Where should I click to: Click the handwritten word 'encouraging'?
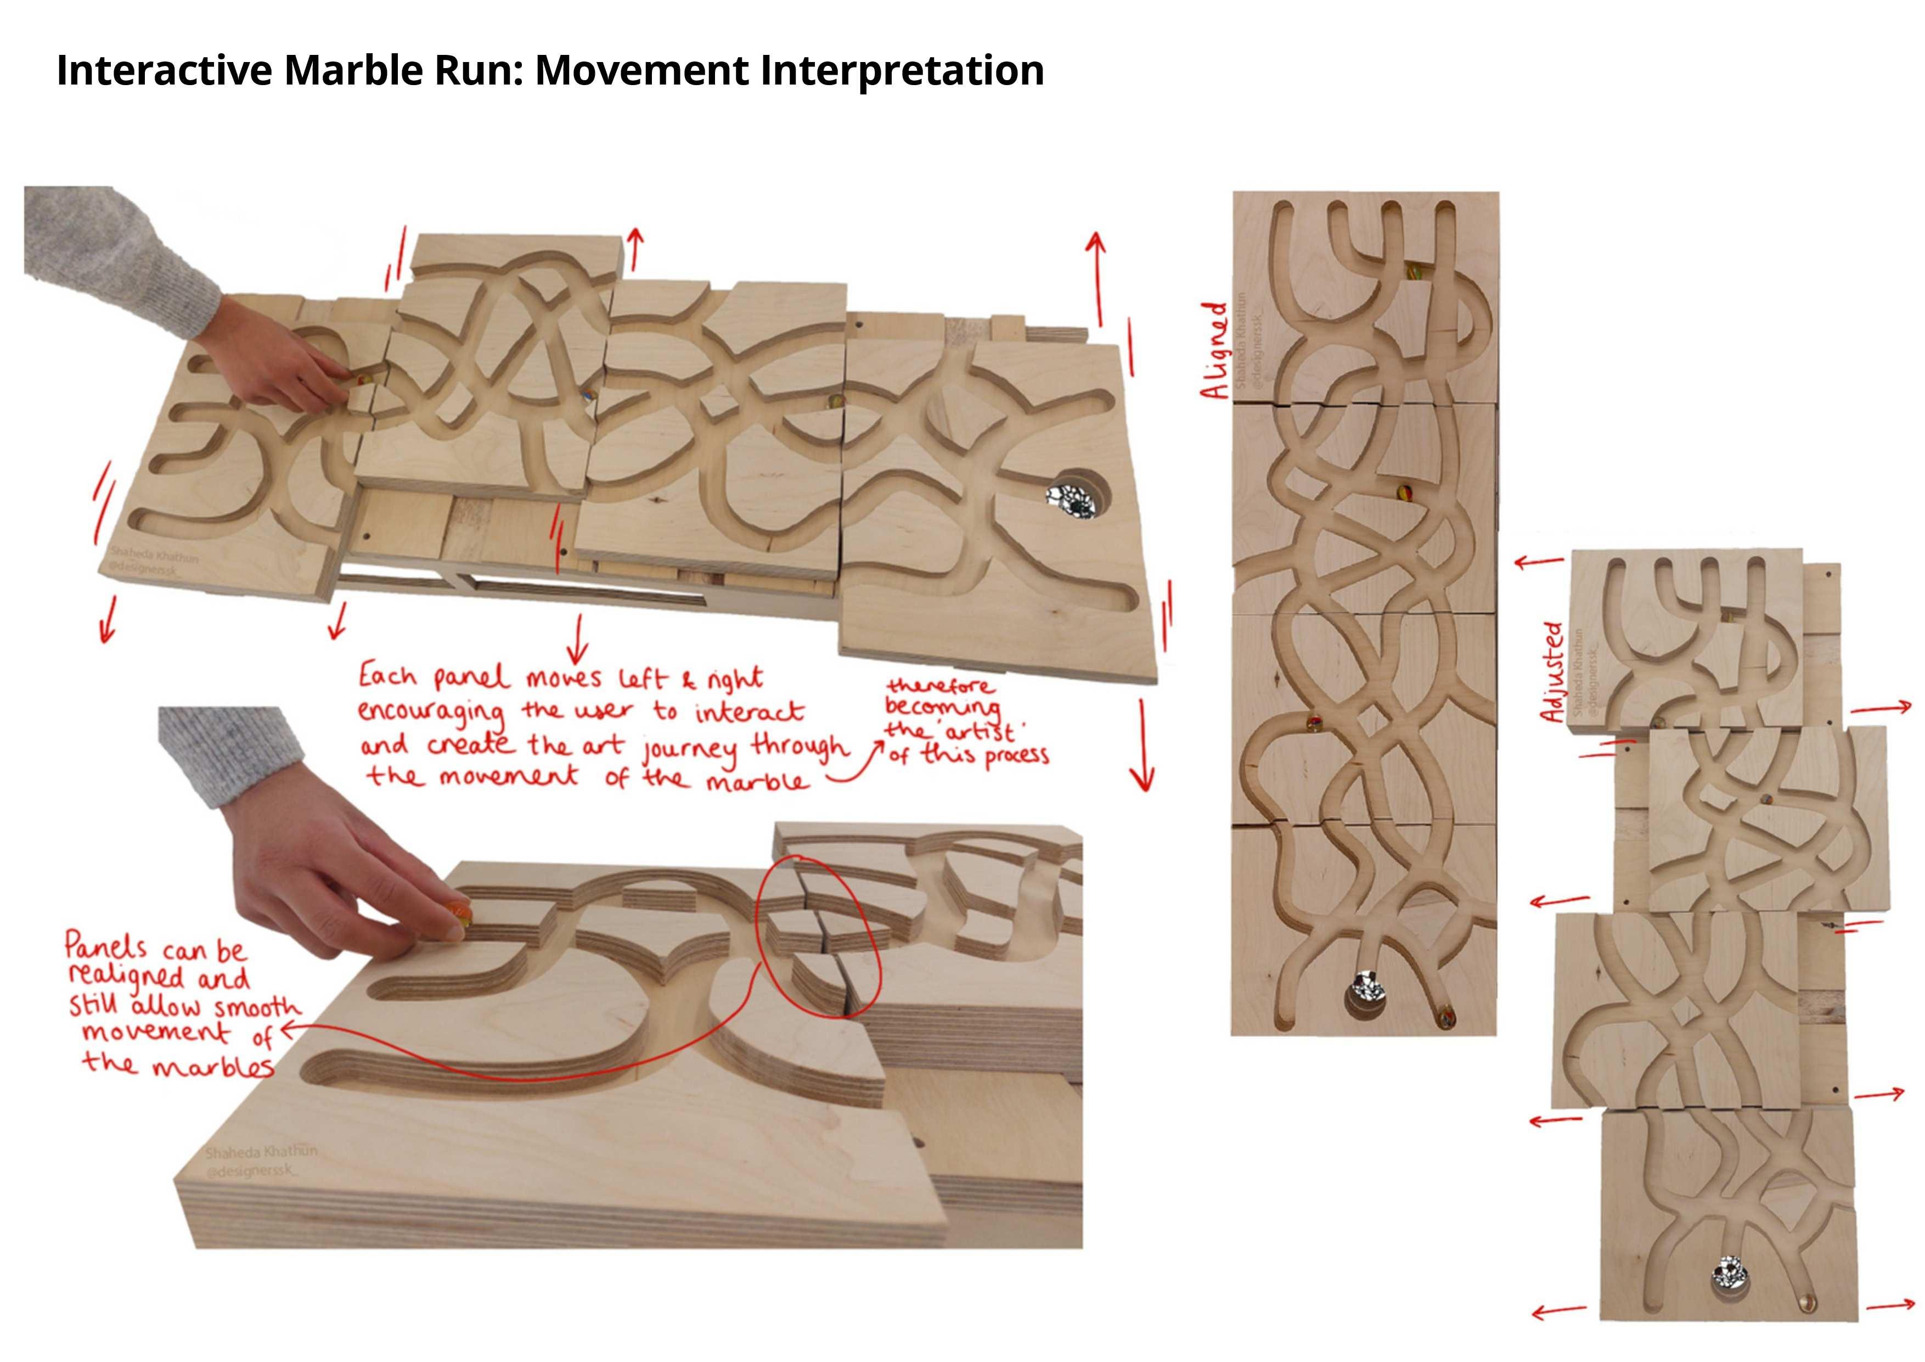[x=432, y=713]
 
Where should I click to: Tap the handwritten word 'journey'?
[x=690, y=750]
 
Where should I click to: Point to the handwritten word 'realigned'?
[x=126, y=977]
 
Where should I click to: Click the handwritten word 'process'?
[x=1017, y=755]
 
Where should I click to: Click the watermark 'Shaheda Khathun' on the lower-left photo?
[x=261, y=1152]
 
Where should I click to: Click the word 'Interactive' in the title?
[x=164, y=70]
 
